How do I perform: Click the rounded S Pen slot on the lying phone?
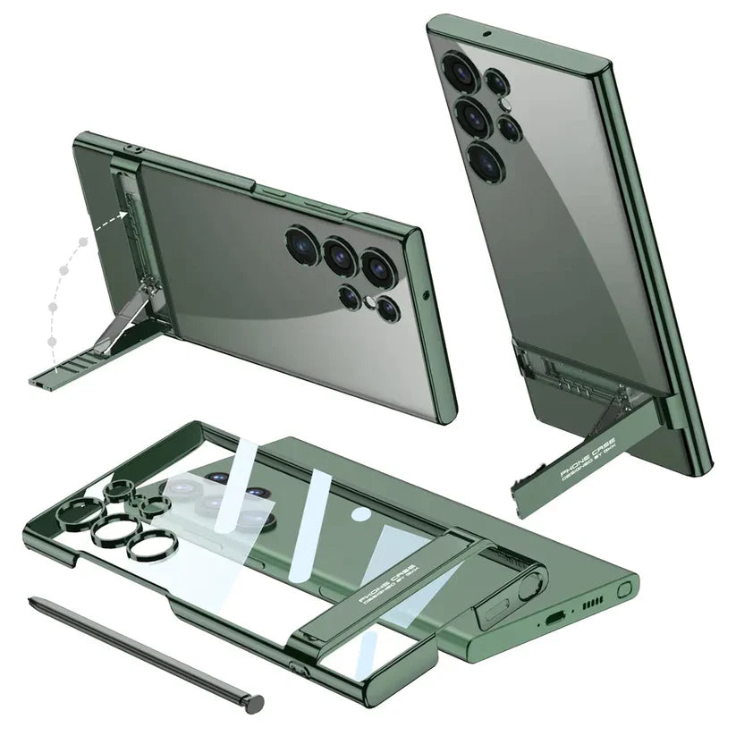click(x=625, y=588)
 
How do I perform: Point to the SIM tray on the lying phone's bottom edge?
click(x=496, y=615)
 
